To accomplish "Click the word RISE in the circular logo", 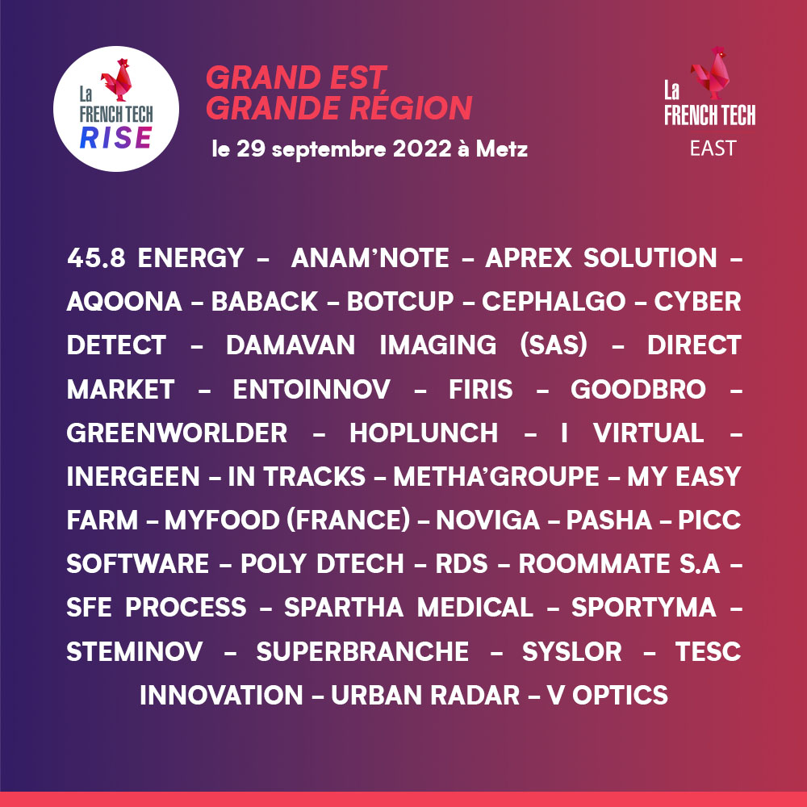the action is point(116,138).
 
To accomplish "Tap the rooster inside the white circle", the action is point(117,79).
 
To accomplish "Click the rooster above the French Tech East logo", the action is point(711,73).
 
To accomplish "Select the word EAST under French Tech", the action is point(713,148).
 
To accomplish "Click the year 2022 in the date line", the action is point(422,148).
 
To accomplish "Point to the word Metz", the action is point(502,148).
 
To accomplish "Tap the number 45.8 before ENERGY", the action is point(96,257).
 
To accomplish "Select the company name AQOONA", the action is point(124,302).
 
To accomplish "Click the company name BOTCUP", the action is point(400,302).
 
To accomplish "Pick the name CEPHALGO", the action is point(554,302).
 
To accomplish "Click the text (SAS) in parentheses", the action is point(554,345).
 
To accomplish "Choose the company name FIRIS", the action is point(481,389).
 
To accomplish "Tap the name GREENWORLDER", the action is point(177,433).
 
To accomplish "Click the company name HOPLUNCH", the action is point(424,433).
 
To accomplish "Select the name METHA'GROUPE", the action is point(496,477).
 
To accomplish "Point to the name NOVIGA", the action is point(488,520).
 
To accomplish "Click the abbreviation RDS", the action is point(461,563).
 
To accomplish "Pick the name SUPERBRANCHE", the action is point(362,651).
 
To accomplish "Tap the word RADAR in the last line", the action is point(475,696).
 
